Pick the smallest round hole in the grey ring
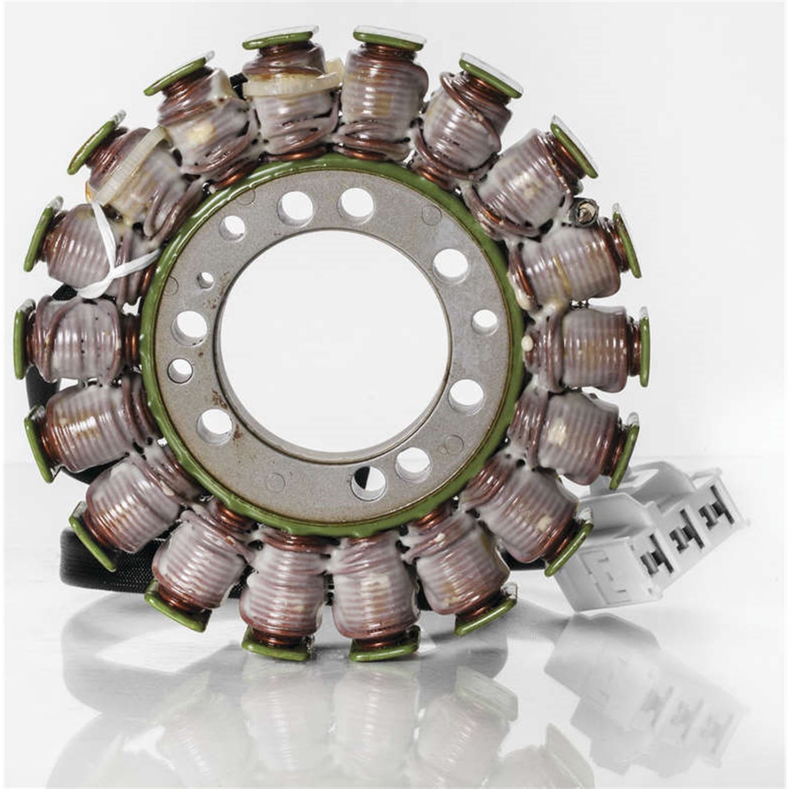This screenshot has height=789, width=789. click(205, 280)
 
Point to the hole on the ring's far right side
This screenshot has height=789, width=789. click(484, 322)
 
